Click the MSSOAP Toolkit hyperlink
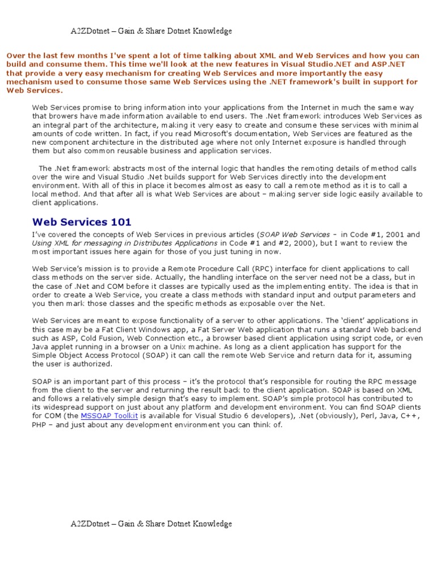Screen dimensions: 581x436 tap(110, 416)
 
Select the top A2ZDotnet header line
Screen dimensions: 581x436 tap(151, 31)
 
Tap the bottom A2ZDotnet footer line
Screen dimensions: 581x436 tap(151, 523)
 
